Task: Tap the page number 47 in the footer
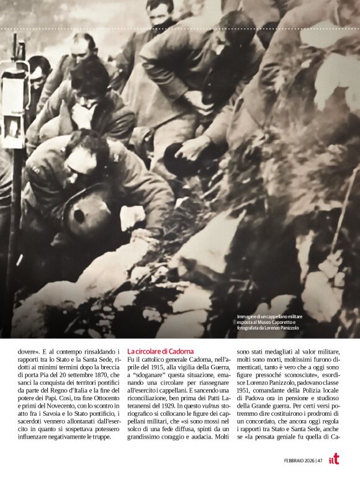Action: (x=319, y=460)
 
